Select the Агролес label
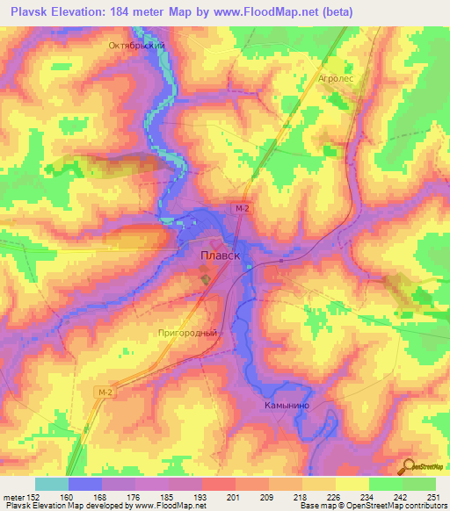coord(337,77)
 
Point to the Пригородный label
coord(185,333)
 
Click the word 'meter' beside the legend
coord(13,496)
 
